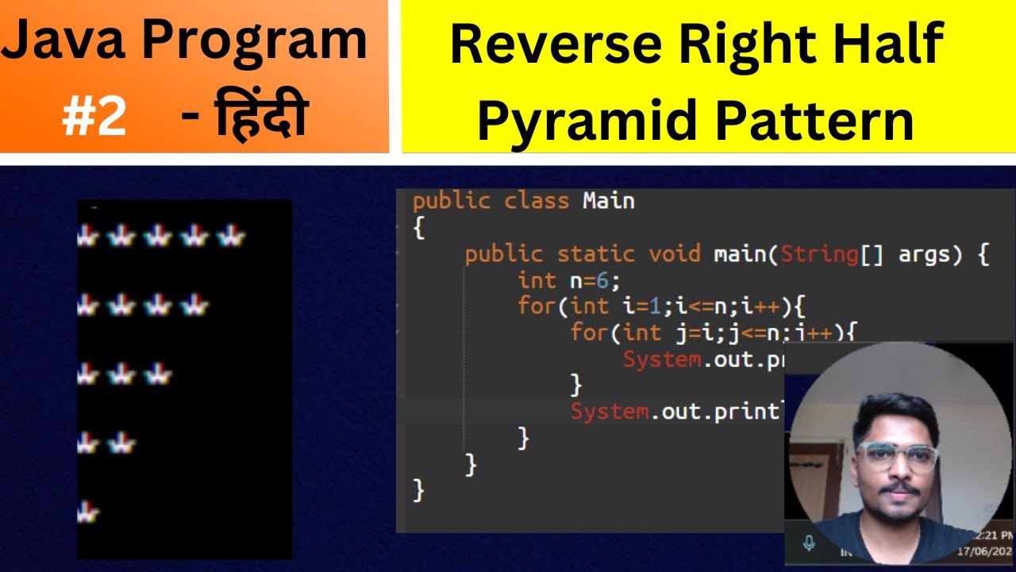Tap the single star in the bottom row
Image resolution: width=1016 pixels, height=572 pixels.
coord(87,512)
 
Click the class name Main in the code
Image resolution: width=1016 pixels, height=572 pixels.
coord(608,200)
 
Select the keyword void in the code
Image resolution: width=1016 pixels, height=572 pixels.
coord(675,254)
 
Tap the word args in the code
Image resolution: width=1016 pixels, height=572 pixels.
coord(925,254)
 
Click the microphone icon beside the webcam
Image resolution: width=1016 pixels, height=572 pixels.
coord(809,543)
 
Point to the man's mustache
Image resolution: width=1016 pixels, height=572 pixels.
coord(899,488)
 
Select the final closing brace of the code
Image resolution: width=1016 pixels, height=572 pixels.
coord(418,490)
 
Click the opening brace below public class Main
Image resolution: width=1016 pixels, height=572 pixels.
coord(418,229)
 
